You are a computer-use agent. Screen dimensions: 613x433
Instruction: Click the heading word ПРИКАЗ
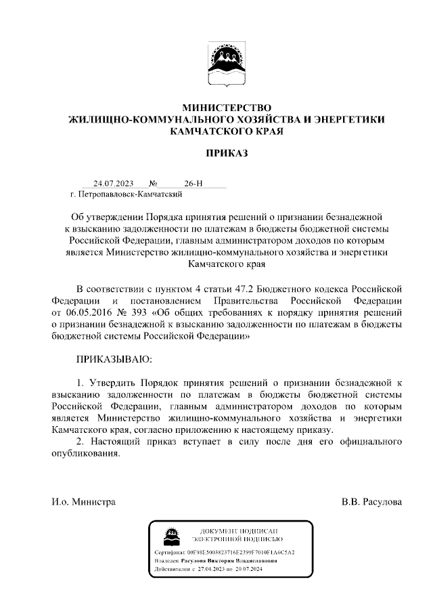227,153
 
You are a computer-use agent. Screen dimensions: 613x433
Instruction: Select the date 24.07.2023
114,184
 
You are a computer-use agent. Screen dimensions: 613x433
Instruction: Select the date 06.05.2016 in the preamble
88,313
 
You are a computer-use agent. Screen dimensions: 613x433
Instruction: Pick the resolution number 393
140,313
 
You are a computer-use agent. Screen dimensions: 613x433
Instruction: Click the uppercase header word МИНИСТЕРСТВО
227,108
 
